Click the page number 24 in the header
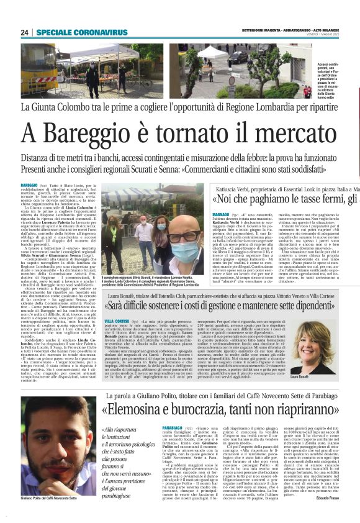coord(25,32)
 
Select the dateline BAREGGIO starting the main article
coord(29,185)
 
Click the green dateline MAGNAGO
coord(220,213)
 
